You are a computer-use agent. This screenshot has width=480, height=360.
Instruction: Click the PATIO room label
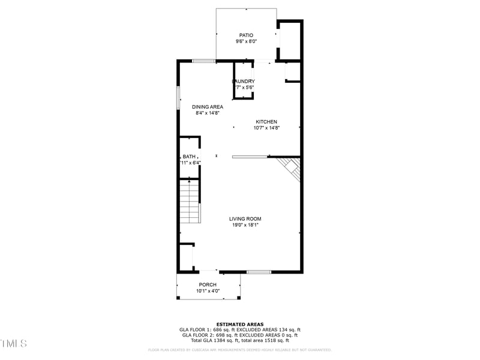246,35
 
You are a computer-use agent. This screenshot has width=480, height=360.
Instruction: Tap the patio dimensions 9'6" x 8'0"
246,41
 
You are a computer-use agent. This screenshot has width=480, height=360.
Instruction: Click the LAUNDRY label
244,82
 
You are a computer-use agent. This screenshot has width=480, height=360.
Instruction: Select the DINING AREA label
208,107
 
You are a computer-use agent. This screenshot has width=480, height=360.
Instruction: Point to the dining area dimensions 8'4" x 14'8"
208,113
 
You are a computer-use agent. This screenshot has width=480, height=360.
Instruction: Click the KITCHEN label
266,122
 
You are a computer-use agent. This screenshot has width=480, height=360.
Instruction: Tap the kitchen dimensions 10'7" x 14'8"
266,128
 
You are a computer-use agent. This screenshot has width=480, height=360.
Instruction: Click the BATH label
189,157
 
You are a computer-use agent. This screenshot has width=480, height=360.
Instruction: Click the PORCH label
208,285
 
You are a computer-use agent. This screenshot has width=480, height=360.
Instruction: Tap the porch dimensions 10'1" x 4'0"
208,291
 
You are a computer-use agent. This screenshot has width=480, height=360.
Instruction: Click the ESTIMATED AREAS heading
240,324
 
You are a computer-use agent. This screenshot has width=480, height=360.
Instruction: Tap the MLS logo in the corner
14,343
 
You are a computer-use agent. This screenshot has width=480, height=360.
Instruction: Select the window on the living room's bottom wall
259,272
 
